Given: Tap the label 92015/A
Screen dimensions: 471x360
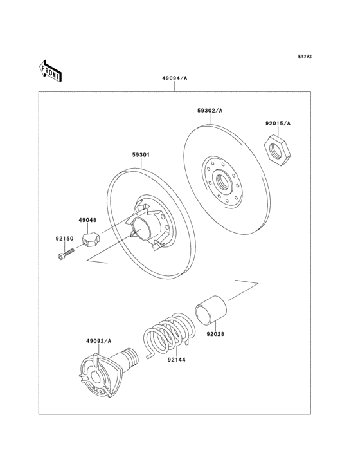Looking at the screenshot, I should point(278,123).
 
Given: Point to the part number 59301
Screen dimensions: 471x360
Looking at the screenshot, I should point(141,155).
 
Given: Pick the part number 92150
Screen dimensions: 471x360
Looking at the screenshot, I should point(64,239).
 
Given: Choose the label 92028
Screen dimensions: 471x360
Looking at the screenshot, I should point(215,334).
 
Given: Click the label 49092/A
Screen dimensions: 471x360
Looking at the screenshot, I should point(99,340).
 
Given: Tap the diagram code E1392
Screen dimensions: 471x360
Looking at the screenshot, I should point(304,57).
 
